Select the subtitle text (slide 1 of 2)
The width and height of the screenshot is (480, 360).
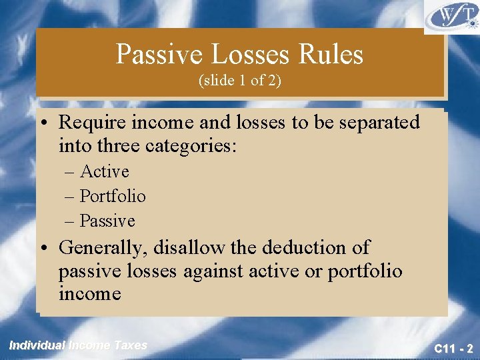(x=240, y=81)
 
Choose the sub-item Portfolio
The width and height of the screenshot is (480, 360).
(x=113, y=197)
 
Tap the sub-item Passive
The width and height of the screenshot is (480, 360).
(x=107, y=221)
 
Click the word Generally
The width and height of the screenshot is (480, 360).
(x=103, y=249)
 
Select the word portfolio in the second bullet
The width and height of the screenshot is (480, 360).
(x=365, y=272)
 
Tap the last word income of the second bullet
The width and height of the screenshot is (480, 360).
(x=90, y=293)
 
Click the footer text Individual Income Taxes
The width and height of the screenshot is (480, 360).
(x=78, y=345)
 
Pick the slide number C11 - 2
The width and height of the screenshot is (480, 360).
(x=453, y=348)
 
